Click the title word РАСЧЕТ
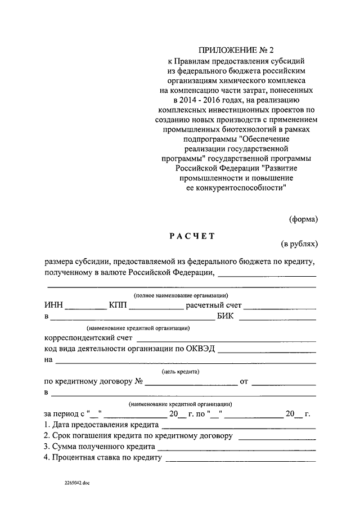192,236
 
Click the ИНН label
53,306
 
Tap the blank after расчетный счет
279,308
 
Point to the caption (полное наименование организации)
180,296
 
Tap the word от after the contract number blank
244,382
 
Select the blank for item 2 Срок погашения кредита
277,437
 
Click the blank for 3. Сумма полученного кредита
237,448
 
